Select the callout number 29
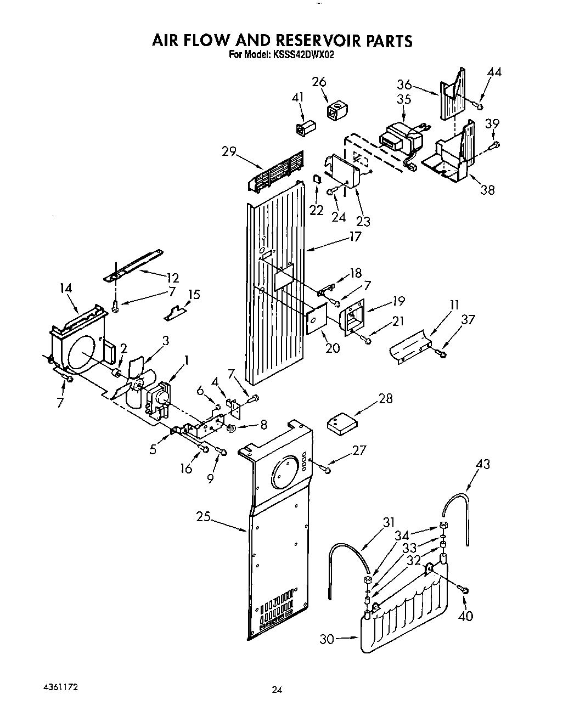pyautogui.click(x=229, y=151)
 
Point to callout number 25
pyautogui.click(x=203, y=517)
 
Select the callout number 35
pyautogui.click(x=404, y=99)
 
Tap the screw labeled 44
pyautogui.click(x=480, y=105)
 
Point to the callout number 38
pyautogui.click(x=487, y=189)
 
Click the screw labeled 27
pyautogui.click(x=326, y=469)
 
